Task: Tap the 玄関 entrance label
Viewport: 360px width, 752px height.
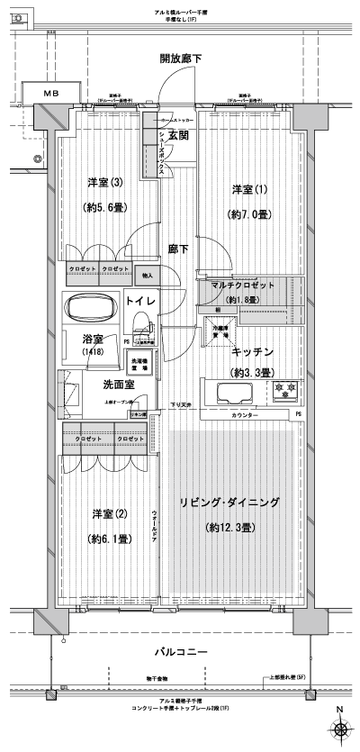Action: click(177, 136)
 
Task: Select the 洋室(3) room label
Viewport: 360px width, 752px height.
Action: click(103, 184)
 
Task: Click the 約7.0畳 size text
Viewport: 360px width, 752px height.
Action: click(249, 216)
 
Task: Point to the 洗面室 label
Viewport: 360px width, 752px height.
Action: click(118, 385)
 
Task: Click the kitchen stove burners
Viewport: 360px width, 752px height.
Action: click(285, 391)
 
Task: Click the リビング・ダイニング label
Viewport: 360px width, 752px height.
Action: click(229, 503)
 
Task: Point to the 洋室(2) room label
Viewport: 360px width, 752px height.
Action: click(107, 513)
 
